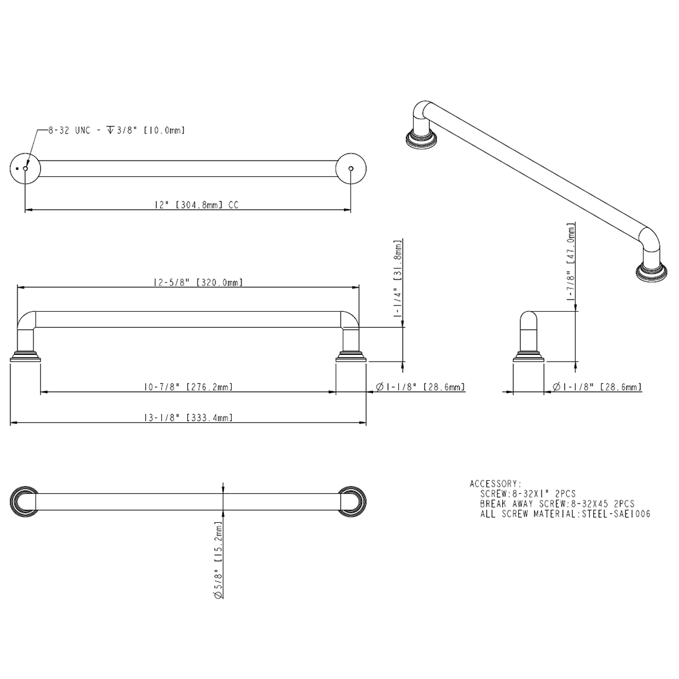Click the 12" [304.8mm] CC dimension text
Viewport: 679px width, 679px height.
click(x=197, y=205)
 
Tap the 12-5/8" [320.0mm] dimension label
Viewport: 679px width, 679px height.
click(x=198, y=282)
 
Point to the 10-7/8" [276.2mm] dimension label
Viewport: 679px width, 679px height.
click(x=188, y=387)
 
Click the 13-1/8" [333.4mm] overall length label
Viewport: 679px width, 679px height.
click(x=188, y=418)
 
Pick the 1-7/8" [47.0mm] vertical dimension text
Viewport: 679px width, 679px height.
click(x=571, y=261)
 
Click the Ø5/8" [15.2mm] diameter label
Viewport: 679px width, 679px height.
click(x=218, y=560)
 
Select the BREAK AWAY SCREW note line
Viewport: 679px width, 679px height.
click(x=557, y=504)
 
